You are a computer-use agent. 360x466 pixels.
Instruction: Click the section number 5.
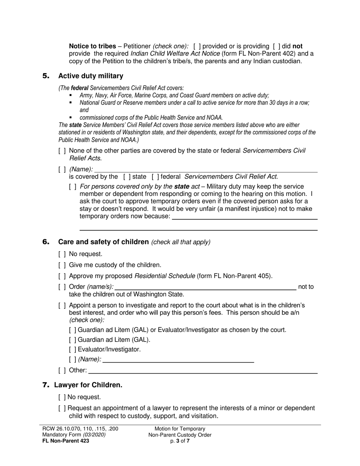tap(46, 76)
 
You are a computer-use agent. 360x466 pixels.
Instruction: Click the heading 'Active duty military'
tap(91, 76)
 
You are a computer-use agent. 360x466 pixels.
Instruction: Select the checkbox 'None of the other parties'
tap(62, 151)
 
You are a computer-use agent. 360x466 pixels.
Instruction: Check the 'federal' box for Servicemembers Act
tap(155, 177)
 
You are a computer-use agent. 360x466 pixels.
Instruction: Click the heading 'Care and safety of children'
tap(103, 242)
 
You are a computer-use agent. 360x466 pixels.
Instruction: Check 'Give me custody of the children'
tap(62, 265)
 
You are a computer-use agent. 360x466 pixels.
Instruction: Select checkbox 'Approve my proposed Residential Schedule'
tap(62, 276)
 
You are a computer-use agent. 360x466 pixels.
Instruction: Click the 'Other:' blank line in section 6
tap(203, 371)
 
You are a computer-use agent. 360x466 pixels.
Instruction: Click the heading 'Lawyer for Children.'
tap(88, 385)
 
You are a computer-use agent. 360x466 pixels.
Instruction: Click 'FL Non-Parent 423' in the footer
tap(66, 441)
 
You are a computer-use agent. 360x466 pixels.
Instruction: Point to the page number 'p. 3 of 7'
tap(180, 441)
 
